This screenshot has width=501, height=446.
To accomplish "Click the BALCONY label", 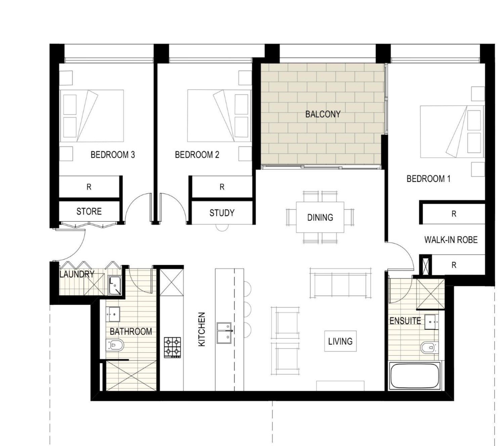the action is (323, 114).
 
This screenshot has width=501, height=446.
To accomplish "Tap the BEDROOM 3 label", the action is (113, 155).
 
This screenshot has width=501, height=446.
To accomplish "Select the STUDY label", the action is (222, 213).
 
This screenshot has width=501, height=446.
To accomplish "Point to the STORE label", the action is (89, 211).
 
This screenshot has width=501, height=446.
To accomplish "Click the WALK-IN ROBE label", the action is (451, 239).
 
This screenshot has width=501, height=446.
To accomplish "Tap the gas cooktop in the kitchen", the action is (172, 347).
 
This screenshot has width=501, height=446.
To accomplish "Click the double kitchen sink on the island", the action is (224, 333).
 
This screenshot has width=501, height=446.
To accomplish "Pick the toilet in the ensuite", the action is (429, 347).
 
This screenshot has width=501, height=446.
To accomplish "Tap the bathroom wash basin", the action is (113, 314).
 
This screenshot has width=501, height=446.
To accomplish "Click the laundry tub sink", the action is (115, 285).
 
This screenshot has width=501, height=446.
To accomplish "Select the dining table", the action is (320, 217).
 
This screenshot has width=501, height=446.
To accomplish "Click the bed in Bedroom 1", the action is (452, 132).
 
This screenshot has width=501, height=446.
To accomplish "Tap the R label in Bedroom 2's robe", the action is (222, 187).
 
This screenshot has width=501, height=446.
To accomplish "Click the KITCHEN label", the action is (202, 329).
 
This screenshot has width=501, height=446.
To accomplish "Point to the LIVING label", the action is (340, 341).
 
